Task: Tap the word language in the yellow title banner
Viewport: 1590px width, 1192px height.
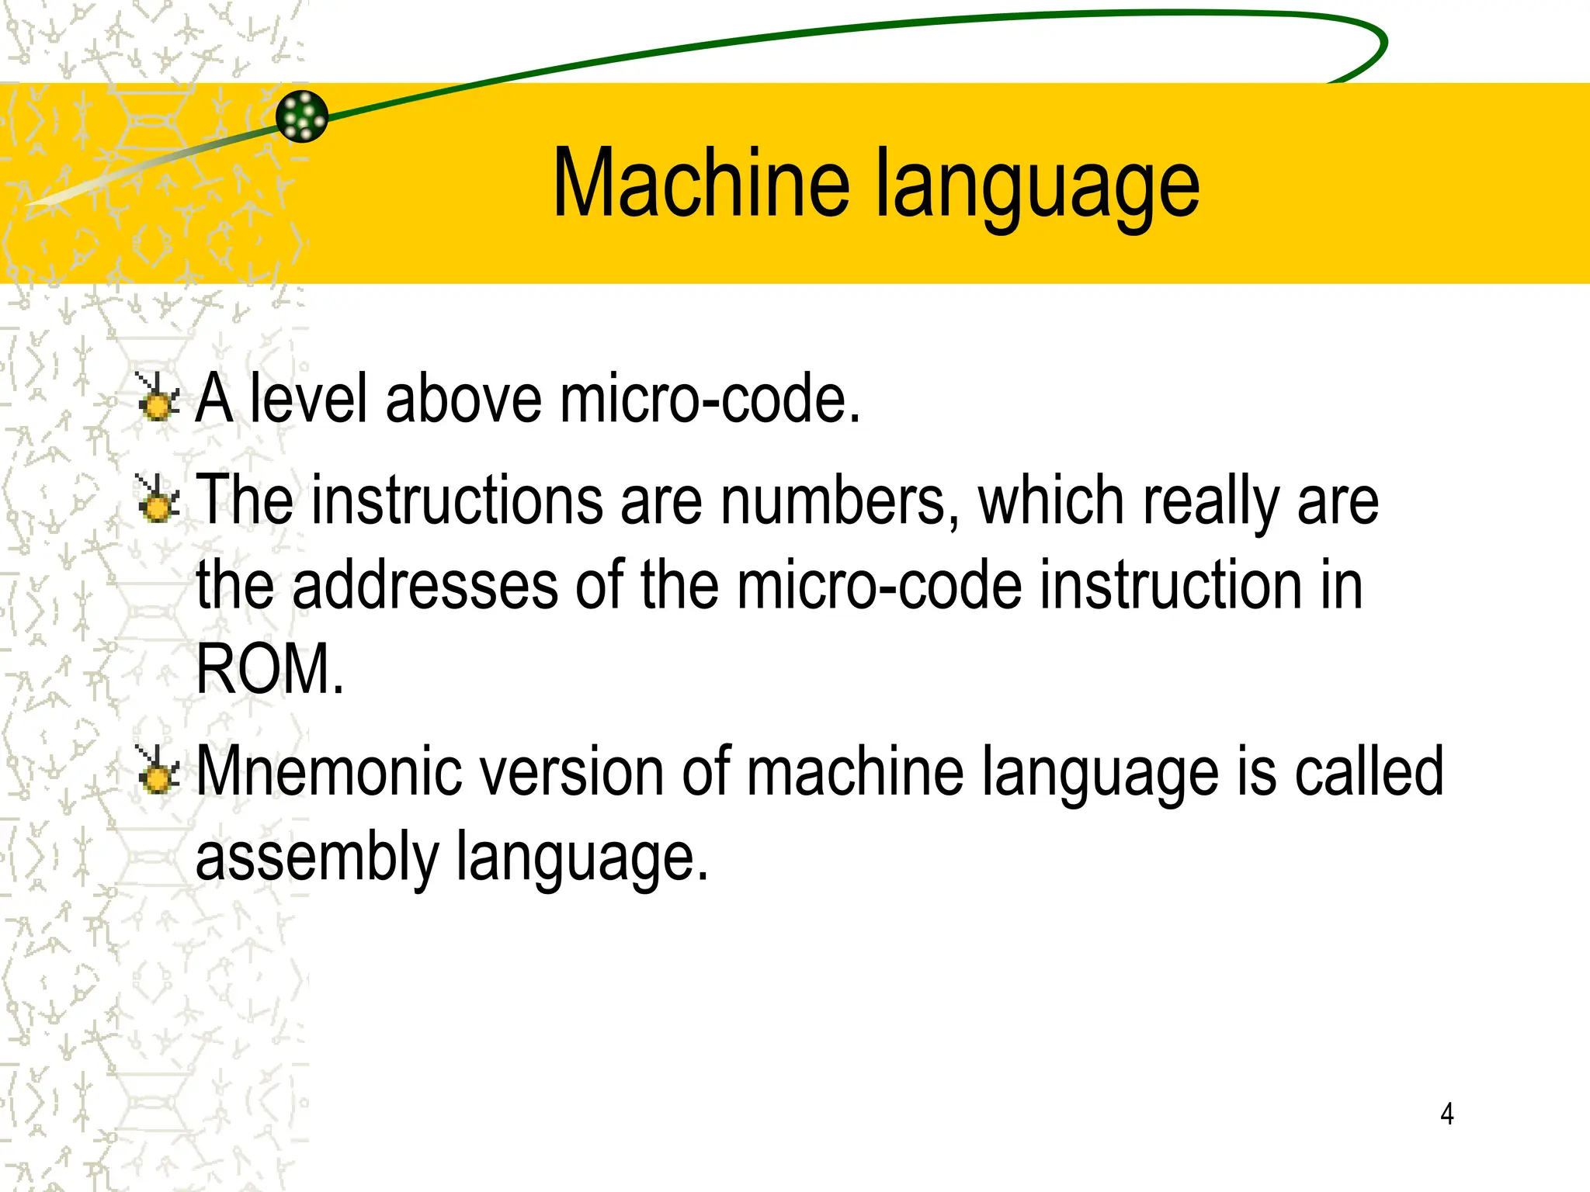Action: click(x=1038, y=186)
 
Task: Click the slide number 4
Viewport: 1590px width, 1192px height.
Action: click(x=1446, y=1114)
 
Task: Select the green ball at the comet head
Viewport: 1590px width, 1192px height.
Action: click(x=302, y=116)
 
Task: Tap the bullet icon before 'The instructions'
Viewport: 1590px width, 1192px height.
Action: click(x=158, y=499)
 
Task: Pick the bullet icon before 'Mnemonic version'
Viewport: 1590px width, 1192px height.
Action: click(x=158, y=771)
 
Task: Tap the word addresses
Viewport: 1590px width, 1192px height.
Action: click(x=425, y=585)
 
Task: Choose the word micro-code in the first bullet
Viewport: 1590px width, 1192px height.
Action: click(x=710, y=398)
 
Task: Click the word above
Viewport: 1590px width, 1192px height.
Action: click(x=463, y=398)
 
